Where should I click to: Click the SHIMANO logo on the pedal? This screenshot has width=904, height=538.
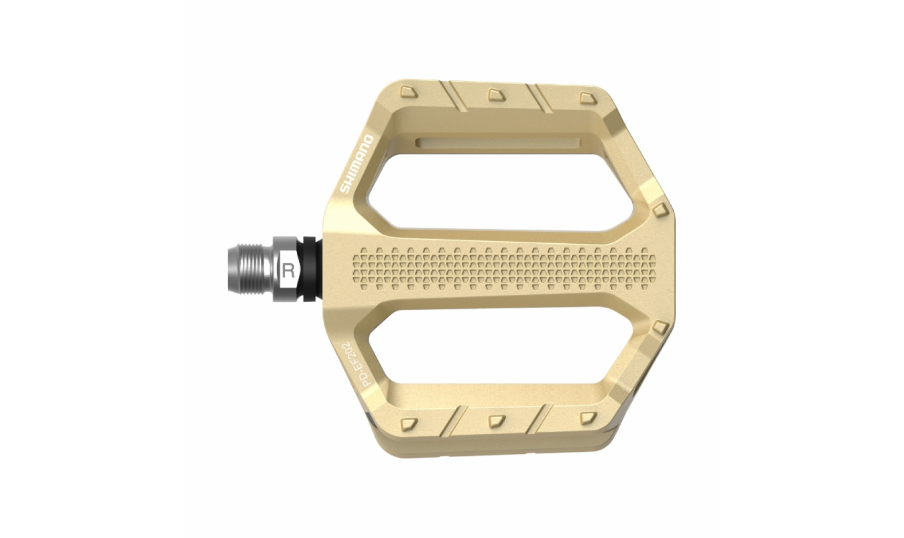(x=356, y=164)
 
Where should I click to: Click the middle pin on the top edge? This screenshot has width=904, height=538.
(x=496, y=94)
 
